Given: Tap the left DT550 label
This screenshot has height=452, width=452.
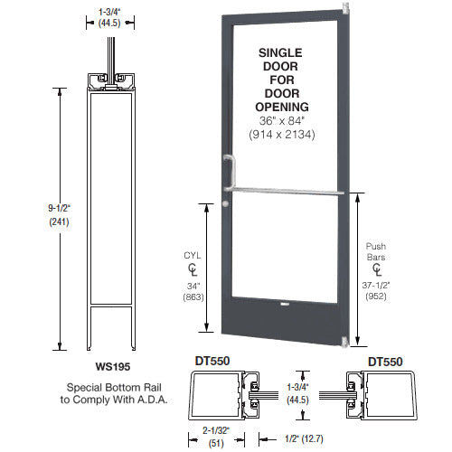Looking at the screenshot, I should (212, 361).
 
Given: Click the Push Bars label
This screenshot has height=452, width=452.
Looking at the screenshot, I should (376, 250).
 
